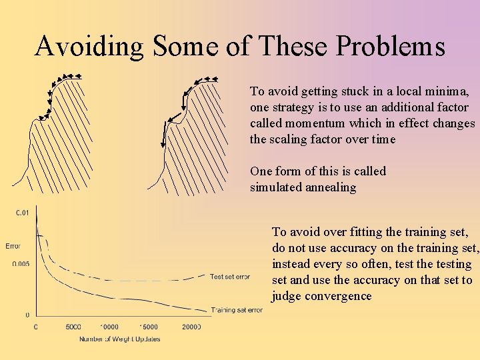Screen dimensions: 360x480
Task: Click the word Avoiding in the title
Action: [x=89, y=47]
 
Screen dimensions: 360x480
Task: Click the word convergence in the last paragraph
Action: [x=338, y=296]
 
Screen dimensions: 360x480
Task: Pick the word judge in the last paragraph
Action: [x=287, y=296]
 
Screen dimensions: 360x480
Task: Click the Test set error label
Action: [x=230, y=277]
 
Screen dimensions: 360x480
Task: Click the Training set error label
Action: [x=237, y=310]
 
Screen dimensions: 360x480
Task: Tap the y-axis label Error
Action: [x=13, y=246]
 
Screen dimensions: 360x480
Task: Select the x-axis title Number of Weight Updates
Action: [x=119, y=339]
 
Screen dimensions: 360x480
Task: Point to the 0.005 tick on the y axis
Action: [x=21, y=264]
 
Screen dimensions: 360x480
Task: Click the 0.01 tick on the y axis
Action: [x=23, y=213]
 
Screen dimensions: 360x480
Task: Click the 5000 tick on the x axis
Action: [x=73, y=327]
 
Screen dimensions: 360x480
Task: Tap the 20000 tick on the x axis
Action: [x=191, y=327]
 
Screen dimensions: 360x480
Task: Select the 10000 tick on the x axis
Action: [x=110, y=327]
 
